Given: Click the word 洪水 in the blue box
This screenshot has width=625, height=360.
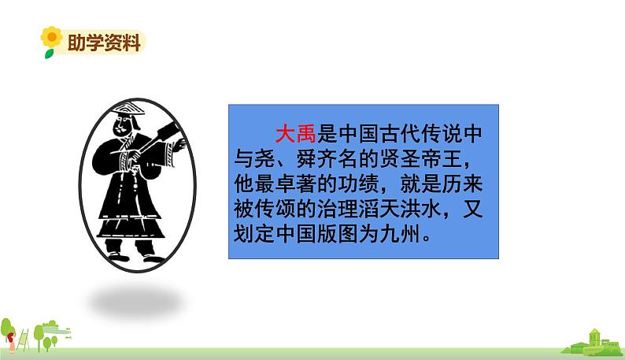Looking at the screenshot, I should (x=438, y=210).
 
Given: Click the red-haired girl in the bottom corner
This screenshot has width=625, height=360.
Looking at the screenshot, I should (x=11, y=332).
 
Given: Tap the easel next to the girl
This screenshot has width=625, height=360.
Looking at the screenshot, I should (x=27, y=335).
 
